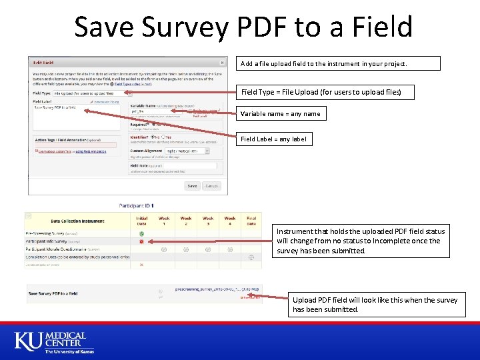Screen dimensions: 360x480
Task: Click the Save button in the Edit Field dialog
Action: coord(192,186)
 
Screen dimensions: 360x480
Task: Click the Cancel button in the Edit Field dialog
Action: coord(212,186)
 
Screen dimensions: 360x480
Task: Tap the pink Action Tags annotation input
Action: coord(75,145)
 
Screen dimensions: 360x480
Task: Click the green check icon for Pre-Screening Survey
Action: coord(141,233)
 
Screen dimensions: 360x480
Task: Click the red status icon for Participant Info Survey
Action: coord(141,241)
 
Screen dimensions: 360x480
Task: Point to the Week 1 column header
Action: coord(164,221)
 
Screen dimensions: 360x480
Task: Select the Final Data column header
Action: coord(251,221)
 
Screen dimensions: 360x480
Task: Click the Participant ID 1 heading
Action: coord(136,205)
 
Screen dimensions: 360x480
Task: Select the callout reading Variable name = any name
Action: coord(280,113)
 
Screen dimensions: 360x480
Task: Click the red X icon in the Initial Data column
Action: coord(141,265)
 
